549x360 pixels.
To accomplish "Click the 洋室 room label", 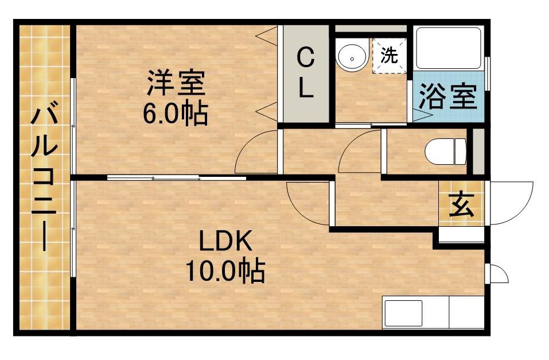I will coord(176,82).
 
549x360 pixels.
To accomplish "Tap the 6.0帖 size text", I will coord(175,114).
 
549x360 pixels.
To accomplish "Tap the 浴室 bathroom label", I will coord(448,96).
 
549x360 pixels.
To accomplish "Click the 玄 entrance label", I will coord(461,205).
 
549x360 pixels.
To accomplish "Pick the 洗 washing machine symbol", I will coord(390,56).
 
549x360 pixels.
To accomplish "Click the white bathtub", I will coord(449,48).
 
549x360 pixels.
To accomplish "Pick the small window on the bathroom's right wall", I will coord(487,73).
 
